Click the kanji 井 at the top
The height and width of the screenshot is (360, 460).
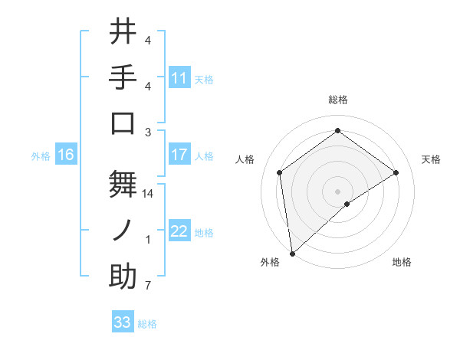click(x=123, y=33)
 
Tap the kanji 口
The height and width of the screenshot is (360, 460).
click(x=123, y=123)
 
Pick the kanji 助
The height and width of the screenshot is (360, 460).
click(x=123, y=276)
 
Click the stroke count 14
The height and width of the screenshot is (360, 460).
click(x=148, y=195)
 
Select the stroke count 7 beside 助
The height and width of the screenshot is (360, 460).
click(x=148, y=286)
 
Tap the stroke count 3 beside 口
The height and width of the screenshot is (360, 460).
click(x=148, y=132)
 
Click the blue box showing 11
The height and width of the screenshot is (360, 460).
click(x=179, y=78)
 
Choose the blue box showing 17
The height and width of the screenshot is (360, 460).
click(x=179, y=155)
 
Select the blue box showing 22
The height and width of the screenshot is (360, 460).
click(x=179, y=231)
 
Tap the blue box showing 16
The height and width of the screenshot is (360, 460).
click(x=66, y=155)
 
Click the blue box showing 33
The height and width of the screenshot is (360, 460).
click(x=122, y=322)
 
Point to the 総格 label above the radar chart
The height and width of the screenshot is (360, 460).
click(x=337, y=100)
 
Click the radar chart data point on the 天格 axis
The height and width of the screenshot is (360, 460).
click(x=396, y=172)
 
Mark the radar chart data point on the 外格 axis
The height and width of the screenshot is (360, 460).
click(x=292, y=253)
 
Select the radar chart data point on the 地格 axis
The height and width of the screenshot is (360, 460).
click(x=347, y=204)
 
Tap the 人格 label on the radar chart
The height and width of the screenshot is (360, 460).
click(x=245, y=159)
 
